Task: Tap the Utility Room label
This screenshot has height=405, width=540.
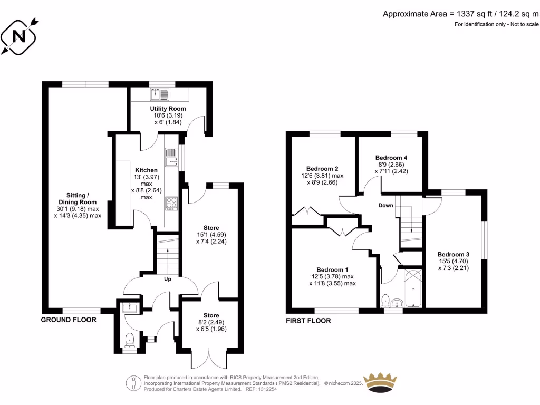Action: (x=168, y=109)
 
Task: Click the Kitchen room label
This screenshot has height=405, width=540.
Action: (x=146, y=170)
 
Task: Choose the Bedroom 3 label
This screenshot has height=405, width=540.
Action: (x=453, y=254)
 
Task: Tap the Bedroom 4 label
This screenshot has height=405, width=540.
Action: (x=391, y=158)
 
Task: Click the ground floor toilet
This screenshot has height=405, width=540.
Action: (x=130, y=340)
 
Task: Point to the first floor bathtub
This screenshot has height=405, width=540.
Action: (x=412, y=288)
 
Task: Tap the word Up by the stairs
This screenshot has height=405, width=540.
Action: (x=168, y=278)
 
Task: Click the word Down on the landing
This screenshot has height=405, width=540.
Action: (x=385, y=205)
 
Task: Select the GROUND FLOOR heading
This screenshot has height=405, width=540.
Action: (x=69, y=320)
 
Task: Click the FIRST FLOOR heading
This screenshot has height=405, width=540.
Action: (x=308, y=321)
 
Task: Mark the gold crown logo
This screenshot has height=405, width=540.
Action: (x=381, y=382)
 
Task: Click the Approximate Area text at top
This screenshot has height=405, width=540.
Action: (x=461, y=14)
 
